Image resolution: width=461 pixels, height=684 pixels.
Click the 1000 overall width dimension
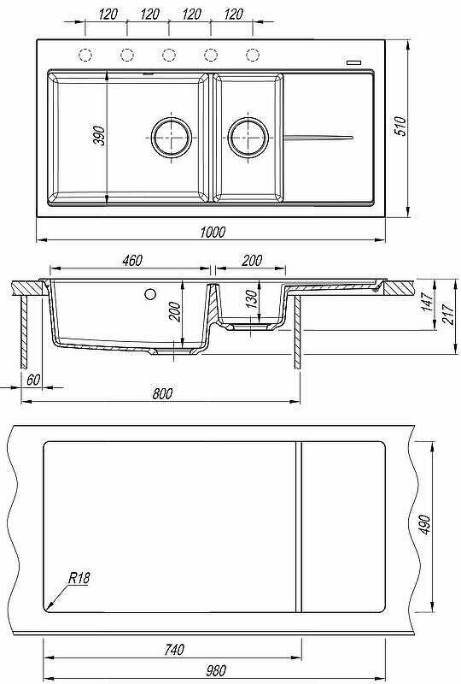point(213,232)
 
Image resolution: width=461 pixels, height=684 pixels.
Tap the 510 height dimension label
point(400,126)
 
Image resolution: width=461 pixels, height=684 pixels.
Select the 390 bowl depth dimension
point(99,136)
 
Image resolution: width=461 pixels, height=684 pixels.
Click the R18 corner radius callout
point(79,578)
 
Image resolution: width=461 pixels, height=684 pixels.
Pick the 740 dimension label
point(174,650)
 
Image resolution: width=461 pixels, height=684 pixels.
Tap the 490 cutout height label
point(424,525)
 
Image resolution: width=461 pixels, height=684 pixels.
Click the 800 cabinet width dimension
point(162,393)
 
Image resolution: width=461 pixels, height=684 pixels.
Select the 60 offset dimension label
point(33,380)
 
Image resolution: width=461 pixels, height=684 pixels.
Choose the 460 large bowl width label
point(132,261)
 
